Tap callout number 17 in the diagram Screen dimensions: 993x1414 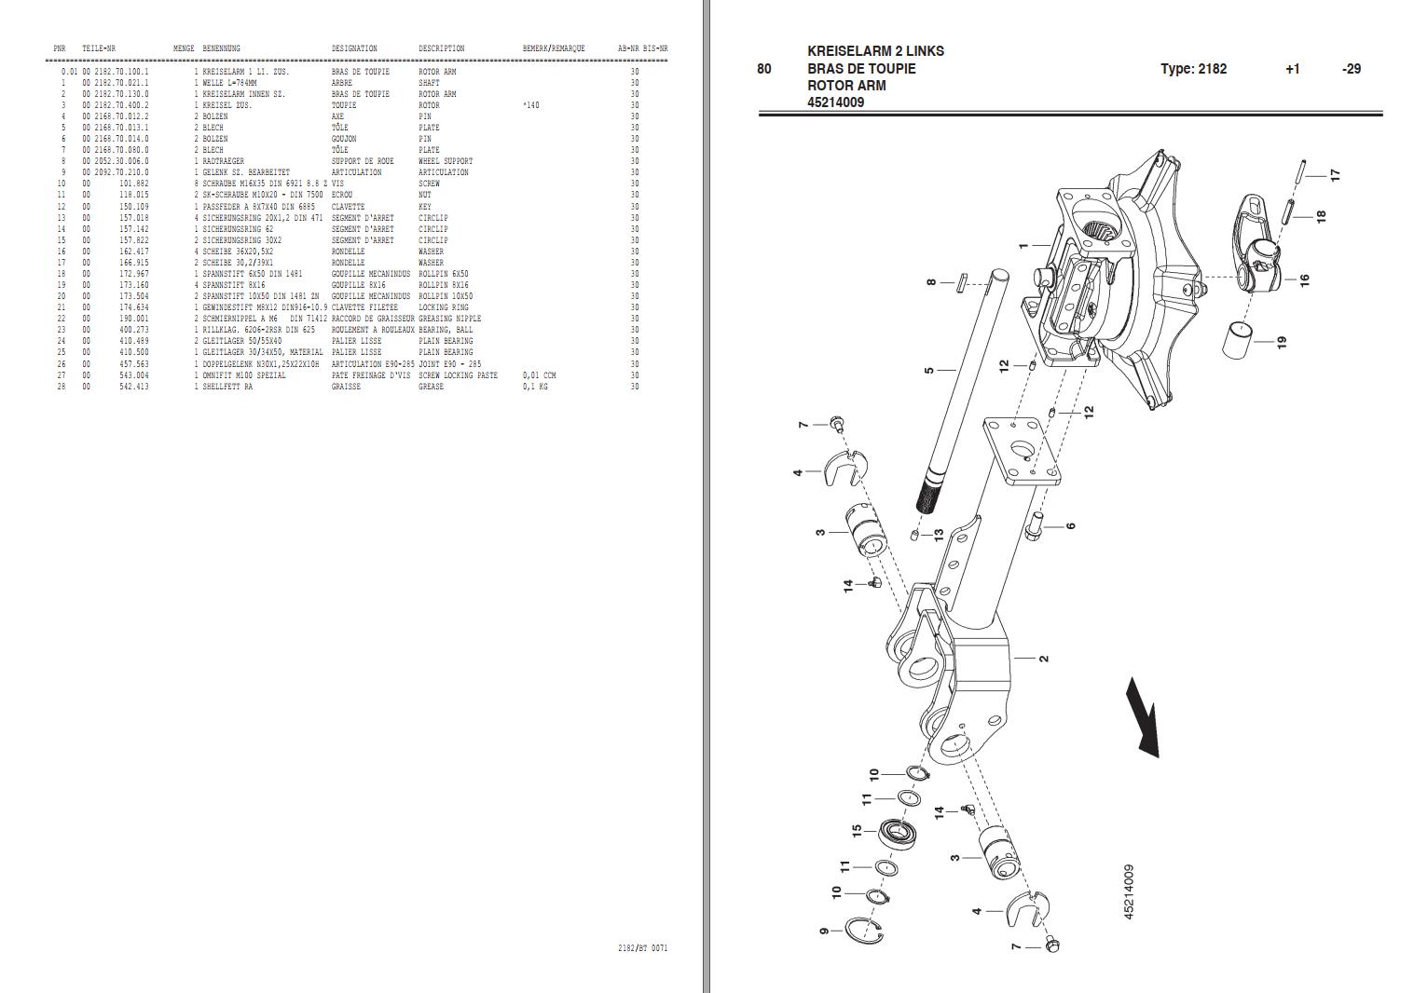pos(1335,175)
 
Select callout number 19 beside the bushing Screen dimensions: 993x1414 pos(1282,342)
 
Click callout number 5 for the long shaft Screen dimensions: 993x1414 pos(928,370)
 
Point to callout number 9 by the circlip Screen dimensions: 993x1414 pos(824,931)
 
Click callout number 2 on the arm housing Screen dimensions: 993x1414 pos(1044,659)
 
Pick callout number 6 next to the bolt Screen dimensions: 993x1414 pos(1071,526)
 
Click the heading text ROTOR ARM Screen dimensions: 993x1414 pos(846,86)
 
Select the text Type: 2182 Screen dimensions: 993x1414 pos(1193,69)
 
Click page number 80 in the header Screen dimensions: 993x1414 pos(764,69)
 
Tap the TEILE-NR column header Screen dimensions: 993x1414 pos(99,48)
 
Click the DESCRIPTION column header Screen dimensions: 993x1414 pos(441,48)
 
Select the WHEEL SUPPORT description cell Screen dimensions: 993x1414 pos(446,161)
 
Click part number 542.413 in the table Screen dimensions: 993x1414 pos(133,387)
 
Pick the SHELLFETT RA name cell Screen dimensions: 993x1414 pos(227,387)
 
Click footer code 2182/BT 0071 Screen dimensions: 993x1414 pos(642,948)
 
